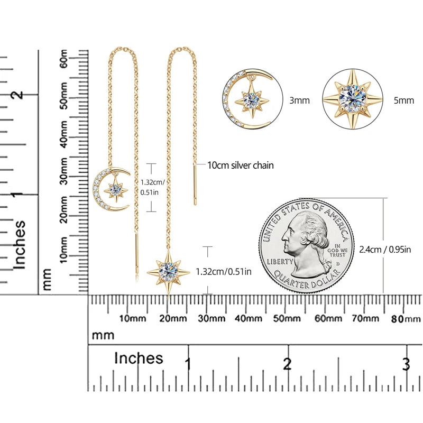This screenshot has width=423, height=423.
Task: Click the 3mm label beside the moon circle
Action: [x=299, y=100]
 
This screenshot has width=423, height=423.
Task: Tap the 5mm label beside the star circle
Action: [x=403, y=100]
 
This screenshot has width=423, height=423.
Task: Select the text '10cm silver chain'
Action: [x=241, y=165]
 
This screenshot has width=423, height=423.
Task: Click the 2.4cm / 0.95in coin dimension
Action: [x=385, y=250]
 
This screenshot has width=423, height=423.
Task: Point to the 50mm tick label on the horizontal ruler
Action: [x=287, y=319]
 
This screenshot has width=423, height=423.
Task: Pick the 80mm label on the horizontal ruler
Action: [x=406, y=319]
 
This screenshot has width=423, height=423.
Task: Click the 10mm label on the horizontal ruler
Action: [x=133, y=319]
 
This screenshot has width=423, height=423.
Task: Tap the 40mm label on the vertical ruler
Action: [x=64, y=134]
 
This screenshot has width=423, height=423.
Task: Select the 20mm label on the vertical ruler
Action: [x=64, y=209]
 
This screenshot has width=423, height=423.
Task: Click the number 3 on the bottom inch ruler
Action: [x=406, y=364]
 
